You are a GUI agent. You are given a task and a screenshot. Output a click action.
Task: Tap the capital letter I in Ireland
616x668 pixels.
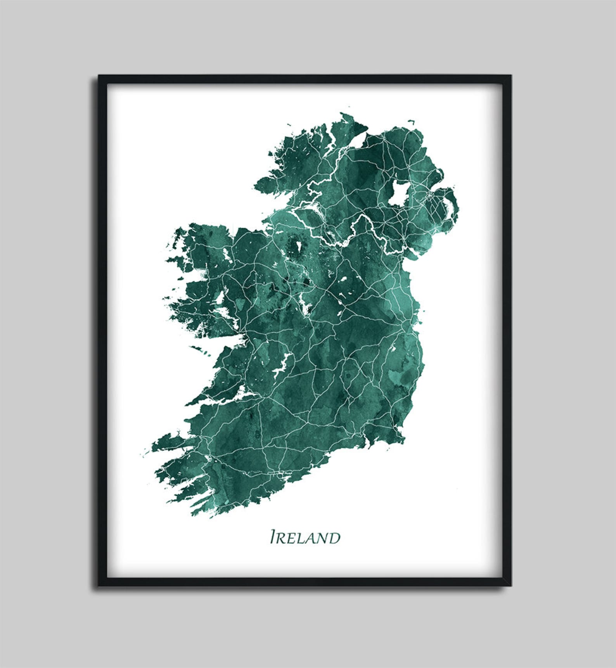273,537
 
